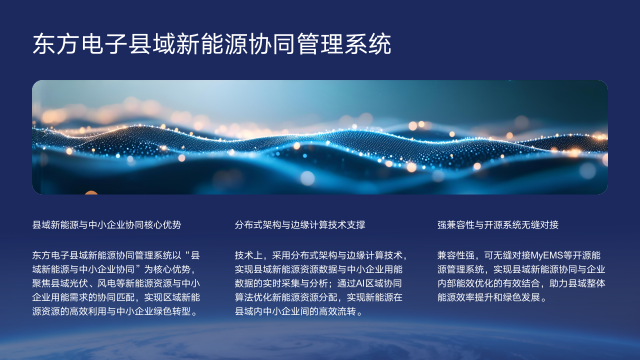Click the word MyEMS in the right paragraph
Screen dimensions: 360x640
pos(545,255)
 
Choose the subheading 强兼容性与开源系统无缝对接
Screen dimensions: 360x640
pos(498,226)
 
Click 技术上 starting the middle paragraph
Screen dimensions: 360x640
pos(249,255)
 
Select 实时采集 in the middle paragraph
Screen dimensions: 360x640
pos(289,283)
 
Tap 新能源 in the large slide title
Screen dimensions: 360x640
pos(192,44)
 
